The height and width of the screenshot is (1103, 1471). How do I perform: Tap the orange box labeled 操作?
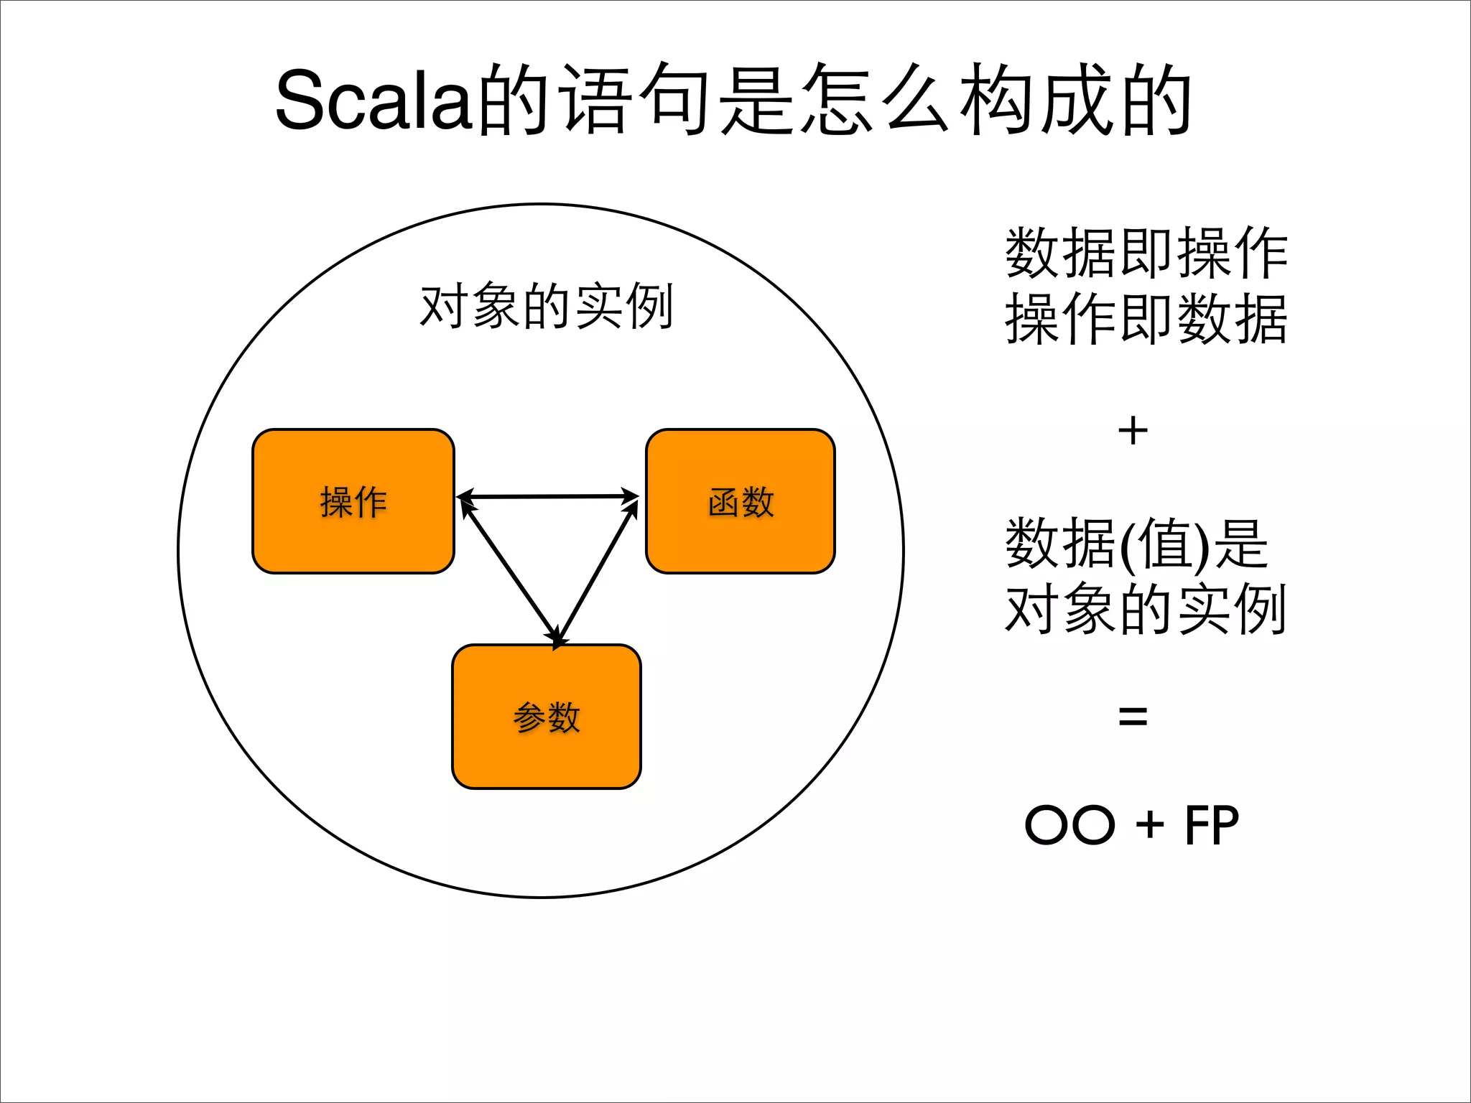pos(353,501)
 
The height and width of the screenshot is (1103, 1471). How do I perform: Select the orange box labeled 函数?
pos(740,501)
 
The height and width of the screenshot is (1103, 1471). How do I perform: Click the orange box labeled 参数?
pos(546,717)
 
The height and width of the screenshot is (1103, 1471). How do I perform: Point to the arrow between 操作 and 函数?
pos(547,496)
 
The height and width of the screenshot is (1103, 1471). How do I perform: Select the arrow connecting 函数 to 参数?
pos(598,571)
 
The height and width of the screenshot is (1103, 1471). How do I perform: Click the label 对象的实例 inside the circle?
pos(546,307)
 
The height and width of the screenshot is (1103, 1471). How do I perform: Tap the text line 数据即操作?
pos(1146,253)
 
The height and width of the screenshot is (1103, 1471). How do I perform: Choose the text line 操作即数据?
pos(1146,318)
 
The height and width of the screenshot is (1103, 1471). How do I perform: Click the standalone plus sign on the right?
pos(1133,432)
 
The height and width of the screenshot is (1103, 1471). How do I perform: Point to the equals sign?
pos(1133,716)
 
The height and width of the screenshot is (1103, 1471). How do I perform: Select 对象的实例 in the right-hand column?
pos(1146,609)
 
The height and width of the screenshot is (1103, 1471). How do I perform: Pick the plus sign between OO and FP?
pos(1150,824)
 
